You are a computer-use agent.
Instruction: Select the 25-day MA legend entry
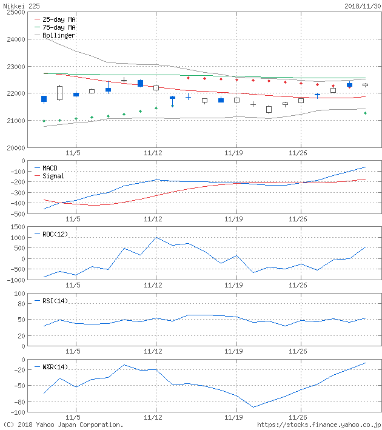(x=59, y=19)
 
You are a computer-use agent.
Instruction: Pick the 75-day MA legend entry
(x=59, y=27)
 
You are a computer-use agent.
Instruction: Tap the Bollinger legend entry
(x=59, y=35)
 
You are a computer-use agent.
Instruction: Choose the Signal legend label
(x=53, y=176)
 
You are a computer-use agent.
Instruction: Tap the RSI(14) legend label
(x=55, y=301)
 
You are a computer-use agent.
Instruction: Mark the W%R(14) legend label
(x=55, y=367)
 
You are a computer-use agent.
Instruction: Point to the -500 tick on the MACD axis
(x=16, y=214)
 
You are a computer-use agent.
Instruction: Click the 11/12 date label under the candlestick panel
(x=155, y=153)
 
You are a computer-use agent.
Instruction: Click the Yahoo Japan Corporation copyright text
(x=63, y=425)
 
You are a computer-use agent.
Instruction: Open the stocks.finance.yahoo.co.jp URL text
(x=319, y=425)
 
